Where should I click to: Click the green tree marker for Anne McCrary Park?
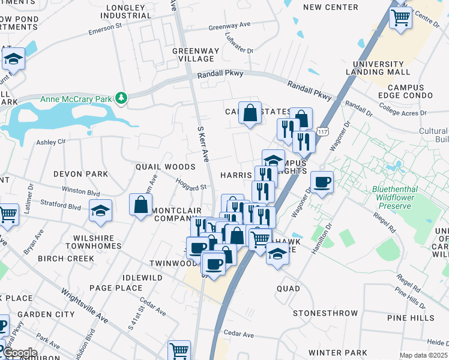121,98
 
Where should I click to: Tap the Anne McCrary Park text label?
77,99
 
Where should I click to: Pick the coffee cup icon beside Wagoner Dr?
322,182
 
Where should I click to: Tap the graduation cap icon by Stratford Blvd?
100,211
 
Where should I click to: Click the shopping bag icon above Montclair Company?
140,205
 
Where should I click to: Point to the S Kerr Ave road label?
203,144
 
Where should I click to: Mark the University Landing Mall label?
378,68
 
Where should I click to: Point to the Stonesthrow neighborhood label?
325,313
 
